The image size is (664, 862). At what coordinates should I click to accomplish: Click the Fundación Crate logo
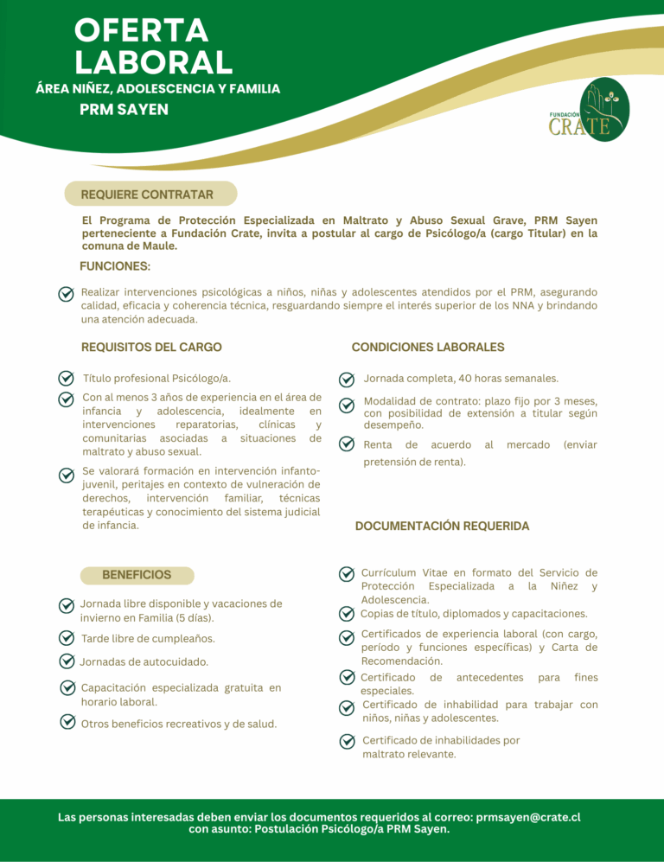[x=591, y=111]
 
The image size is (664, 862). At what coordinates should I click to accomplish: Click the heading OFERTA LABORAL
[x=153, y=46]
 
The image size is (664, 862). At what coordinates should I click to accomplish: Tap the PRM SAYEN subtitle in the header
[x=124, y=110]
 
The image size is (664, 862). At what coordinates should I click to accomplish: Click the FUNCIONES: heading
[x=114, y=266]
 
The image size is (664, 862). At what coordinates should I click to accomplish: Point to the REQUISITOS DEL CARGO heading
[x=151, y=347]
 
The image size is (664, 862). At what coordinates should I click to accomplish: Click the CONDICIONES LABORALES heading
[x=427, y=347]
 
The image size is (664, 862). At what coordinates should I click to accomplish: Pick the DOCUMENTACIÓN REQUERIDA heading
[x=442, y=526]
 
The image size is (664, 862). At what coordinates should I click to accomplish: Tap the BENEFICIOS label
[x=137, y=574]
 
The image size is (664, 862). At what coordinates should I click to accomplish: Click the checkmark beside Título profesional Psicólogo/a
[x=65, y=379]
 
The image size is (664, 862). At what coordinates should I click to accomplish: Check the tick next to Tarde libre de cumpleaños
[x=65, y=638]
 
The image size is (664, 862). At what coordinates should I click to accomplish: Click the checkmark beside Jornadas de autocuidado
[x=65, y=661]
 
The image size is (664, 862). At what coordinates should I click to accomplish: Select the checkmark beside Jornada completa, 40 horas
[x=346, y=379]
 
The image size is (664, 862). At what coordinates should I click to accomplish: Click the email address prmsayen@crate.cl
[x=527, y=816]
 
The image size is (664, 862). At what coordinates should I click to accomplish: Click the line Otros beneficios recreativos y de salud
[x=178, y=723]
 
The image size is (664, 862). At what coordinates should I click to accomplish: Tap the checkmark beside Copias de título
[x=346, y=614]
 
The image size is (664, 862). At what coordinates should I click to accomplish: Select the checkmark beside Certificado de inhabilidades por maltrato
[x=346, y=741]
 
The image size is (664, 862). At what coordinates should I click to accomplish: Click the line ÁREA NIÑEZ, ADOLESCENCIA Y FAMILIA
[x=156, y=88]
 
